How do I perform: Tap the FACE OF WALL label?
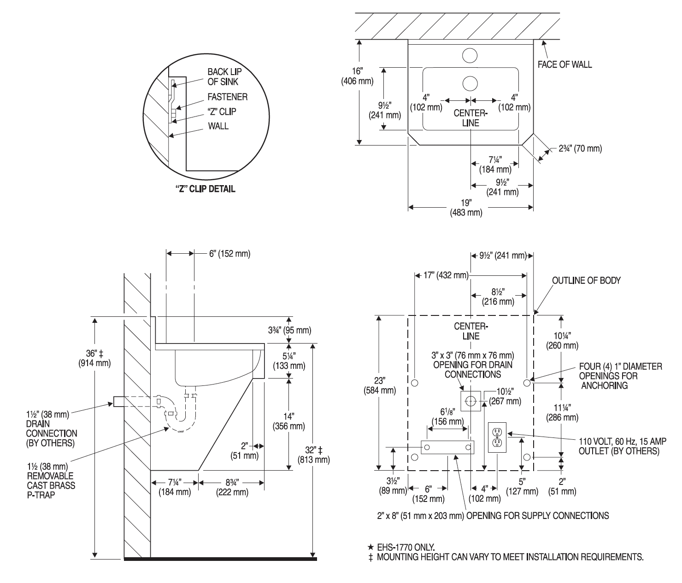564,64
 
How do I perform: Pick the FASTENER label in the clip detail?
227,97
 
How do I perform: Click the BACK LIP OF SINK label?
224,76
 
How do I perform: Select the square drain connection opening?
470,401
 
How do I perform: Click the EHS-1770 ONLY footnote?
401,547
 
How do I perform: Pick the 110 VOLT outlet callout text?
618,445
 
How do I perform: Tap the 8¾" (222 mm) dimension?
231,487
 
